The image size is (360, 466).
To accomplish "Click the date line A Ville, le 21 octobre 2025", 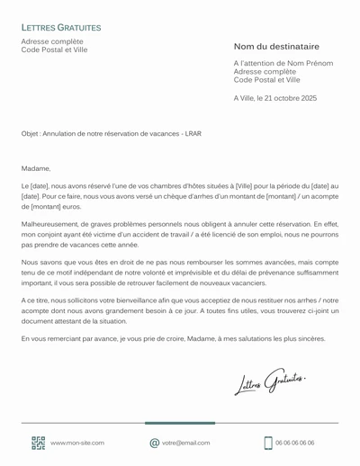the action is pos(274,97).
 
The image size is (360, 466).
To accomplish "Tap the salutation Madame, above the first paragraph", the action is pos(35,167).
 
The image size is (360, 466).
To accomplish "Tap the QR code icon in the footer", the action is pos(38,443).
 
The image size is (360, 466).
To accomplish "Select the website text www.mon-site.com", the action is pos(77,443).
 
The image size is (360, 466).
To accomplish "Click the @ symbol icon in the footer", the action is pos(155,443).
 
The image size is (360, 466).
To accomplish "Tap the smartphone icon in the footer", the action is pos(268,443).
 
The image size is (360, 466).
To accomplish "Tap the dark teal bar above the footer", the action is pos(180,422).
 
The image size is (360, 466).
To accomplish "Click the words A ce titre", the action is pos(35,299).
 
